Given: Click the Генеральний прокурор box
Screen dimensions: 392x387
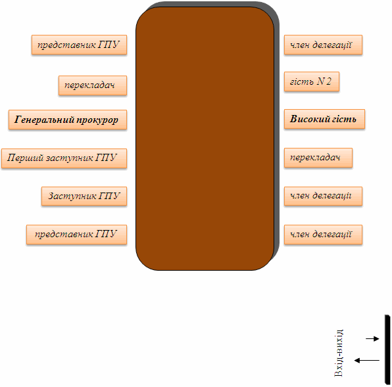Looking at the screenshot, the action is click(x=68, y=120).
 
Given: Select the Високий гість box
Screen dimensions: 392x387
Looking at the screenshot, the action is click(x=324, y=119).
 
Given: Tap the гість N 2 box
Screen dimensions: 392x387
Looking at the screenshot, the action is click(x=312, y=81).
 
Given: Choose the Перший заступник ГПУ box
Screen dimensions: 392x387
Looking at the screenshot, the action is click(x=64, y=158).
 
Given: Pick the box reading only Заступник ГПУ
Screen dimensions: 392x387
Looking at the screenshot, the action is click(x=84, y=196).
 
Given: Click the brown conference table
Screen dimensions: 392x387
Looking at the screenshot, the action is click(x=205, y=139).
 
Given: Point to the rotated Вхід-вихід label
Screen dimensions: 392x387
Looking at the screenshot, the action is click(x=339, y=353).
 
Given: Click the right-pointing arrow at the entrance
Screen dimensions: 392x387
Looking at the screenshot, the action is click(x=372, y=338).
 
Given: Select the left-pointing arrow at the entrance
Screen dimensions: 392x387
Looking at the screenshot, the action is click(x=367, y=360).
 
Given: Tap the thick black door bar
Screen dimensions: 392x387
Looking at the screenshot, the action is click(x=387, y=350).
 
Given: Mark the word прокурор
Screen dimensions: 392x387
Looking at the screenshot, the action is click(x=97, y=120).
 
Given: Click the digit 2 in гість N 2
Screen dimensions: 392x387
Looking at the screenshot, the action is click(x=329, y=81).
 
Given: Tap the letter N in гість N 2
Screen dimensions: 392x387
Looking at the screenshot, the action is click(x=320, y=81).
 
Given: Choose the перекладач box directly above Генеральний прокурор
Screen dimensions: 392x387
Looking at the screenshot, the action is click(x=93, y=85).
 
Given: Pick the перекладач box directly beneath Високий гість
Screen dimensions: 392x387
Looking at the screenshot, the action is click(x=318, y=158).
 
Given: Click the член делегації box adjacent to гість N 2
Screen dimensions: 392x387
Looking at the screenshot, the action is click(x=323, y=45).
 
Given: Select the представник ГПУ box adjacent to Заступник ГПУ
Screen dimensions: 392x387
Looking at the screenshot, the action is click(x=76, y=235).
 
